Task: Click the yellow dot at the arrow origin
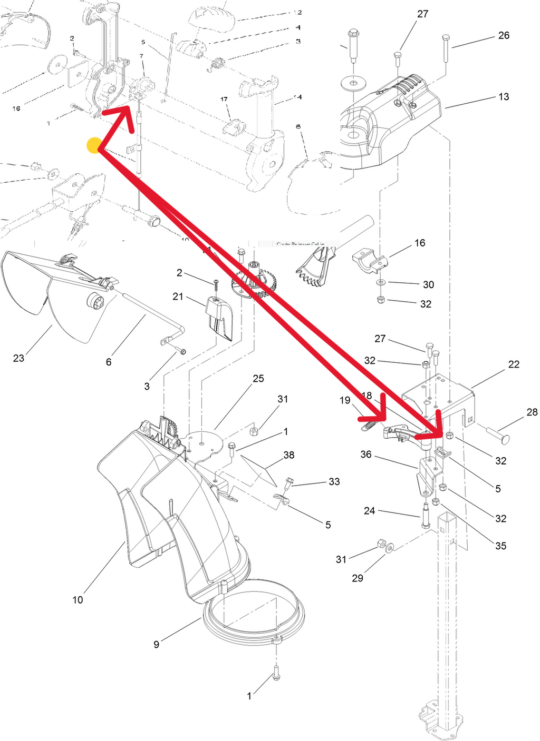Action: point(94,146)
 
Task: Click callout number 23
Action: point(18,358)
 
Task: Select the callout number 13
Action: point(504,97)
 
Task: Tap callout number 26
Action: point(504,35)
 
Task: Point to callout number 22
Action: point(514,364)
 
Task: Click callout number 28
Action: point(532,412)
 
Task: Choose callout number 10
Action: point(78,600)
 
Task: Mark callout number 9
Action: point(156,645)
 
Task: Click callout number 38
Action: point(289,455)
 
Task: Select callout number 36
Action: point(366,454)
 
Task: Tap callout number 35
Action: point(500,546)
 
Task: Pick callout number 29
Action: point(358,578)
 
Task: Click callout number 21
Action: point(178,297)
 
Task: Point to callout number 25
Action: point(258,379)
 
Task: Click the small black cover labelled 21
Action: point(219,318)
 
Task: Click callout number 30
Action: point(428,284)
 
